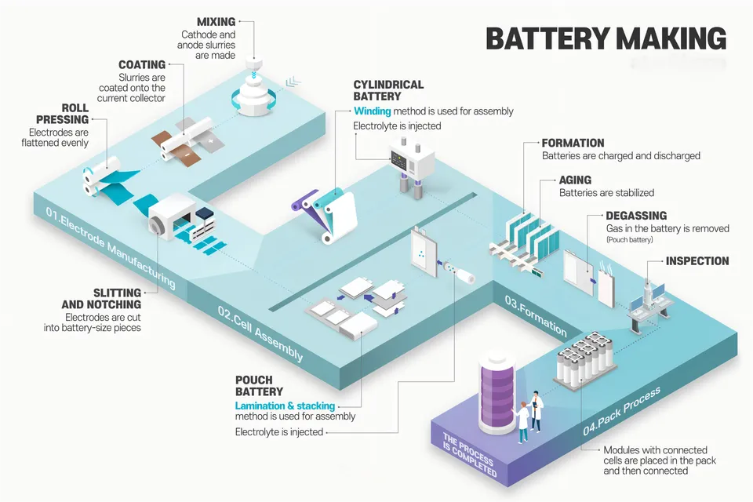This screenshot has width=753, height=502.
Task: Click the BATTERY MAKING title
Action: click(x=606, y=38)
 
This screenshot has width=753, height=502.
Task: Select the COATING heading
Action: click(x=142, y=64)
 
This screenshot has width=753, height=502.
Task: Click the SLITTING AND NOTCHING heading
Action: click(x=102, y=298)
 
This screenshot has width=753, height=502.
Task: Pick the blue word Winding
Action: click(x=372, y=111)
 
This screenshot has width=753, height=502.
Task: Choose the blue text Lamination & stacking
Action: click(x=285, y=406)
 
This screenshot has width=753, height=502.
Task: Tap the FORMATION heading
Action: click(x=573, y=144)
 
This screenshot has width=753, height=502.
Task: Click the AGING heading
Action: click(x=575, y=180)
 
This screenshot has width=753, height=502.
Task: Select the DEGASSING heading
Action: click(x=636, y=216)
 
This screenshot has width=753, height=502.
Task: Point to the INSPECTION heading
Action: click(x=697, y=261)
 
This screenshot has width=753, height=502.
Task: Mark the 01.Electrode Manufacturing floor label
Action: click(x=110, y=247)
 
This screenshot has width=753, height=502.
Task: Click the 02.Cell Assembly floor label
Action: click(x=260, y=333)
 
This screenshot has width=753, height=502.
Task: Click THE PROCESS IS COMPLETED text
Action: click(x=469, y=456)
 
